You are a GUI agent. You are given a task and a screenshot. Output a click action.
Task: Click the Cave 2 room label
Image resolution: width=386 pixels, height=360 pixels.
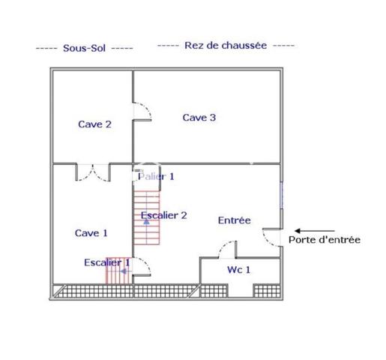(x=94, y=124)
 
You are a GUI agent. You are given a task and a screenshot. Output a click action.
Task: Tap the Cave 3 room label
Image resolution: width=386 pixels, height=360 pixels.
(x=199, y=118)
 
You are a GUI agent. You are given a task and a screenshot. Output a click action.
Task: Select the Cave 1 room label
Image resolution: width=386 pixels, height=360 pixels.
(x=91, y=233)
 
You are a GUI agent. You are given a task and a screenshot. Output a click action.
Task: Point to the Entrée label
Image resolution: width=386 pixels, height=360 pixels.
(x=235, y=220)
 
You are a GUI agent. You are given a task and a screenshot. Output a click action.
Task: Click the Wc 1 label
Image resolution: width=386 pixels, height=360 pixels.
(x=238, y=270)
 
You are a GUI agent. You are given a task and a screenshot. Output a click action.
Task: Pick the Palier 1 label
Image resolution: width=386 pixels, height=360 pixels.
(x=156, y=176)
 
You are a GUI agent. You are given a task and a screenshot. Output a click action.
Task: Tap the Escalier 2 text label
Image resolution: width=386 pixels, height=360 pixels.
(x=164, y=215)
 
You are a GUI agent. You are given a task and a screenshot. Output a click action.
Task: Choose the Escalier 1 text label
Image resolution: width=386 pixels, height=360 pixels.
(x=107, y=262)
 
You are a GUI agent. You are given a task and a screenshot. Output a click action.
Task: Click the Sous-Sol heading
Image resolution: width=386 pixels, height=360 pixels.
(x=84, y=48)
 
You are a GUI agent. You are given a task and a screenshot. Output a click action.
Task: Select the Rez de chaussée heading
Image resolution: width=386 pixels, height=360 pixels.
(x=226, y=45)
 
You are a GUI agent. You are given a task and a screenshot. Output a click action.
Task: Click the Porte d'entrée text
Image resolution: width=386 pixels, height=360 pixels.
(x=325, y=240)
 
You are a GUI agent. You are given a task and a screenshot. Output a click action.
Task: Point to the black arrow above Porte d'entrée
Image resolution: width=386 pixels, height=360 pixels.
(x=315, y=231)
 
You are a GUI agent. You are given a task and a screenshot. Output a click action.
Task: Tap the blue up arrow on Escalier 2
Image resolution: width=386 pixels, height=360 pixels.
(x=146, y=221)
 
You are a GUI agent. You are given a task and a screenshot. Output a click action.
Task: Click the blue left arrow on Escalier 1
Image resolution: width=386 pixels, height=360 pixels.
(x=124, y=271)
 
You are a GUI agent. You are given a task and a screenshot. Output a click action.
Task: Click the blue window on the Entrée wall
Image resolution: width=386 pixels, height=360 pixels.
(x=282, y=195)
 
